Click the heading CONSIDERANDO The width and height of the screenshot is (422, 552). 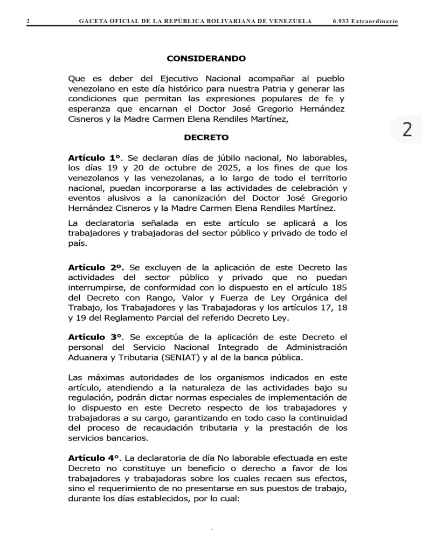pyautogui.click(x=206, y=58)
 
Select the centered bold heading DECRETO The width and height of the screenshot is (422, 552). pyautogui.click(x=206, y=137)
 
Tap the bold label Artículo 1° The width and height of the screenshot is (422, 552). pyautogui.click(x=95, y=158)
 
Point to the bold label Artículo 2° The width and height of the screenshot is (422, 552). pyautogui.click(x=96, y=267)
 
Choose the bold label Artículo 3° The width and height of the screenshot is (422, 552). pyautogui.click(x=95, y=337)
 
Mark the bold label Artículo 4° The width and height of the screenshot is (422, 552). pyautogui.click(x=94, y=457)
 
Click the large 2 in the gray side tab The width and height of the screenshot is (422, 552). pyautogui.click(x=407, y=129)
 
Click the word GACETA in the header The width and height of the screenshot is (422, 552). pyautogui.click(x=93, y=21)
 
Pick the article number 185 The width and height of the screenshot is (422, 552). pyautogui.click(x=338, y=287)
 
